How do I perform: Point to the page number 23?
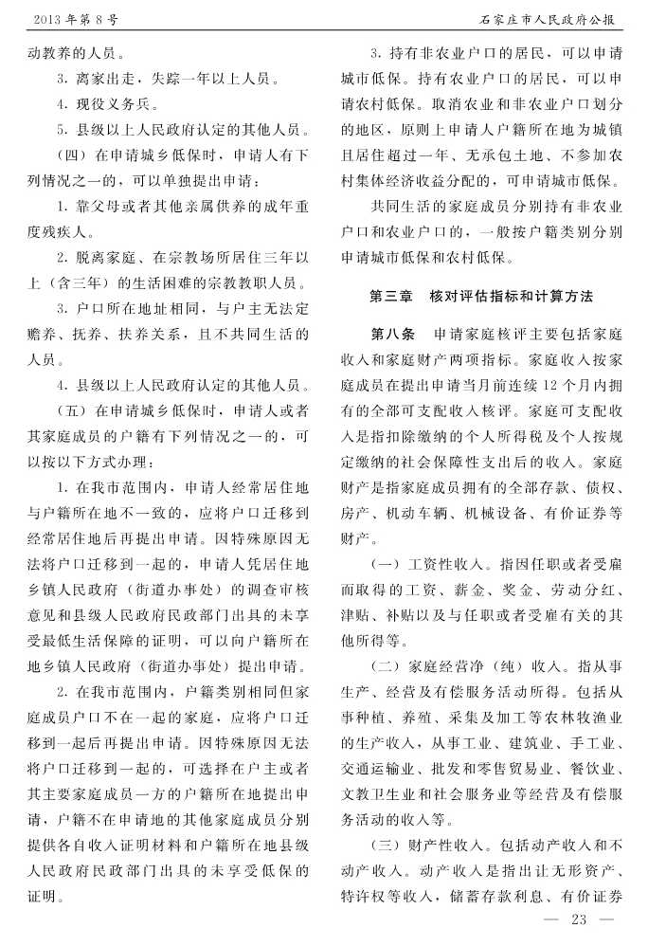580,918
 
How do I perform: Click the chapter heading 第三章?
389,297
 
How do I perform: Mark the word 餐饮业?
592,741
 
